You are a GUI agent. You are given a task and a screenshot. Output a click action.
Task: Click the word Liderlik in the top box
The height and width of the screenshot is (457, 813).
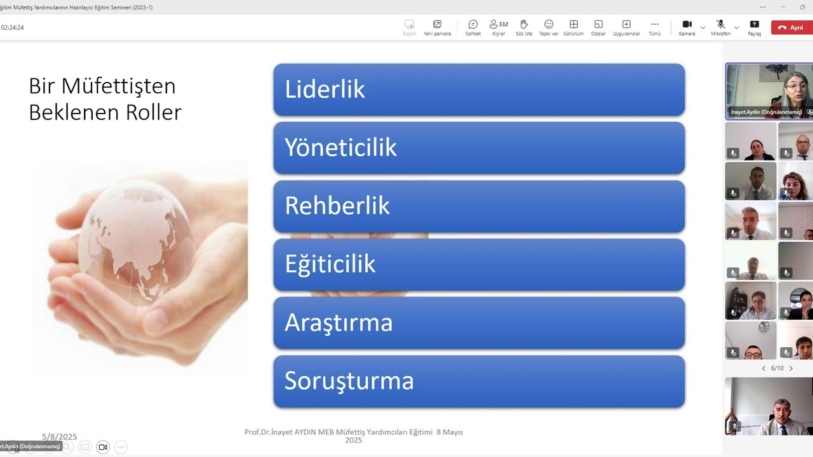(325, 89)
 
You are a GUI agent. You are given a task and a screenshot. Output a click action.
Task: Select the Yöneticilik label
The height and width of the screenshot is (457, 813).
(340, 147)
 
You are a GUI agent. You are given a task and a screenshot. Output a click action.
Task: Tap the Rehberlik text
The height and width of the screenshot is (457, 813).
(337, 206)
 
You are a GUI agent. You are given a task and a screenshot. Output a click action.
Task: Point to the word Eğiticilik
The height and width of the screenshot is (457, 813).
(330, 265)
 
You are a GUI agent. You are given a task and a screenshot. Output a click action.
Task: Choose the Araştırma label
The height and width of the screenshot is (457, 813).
(339, 323)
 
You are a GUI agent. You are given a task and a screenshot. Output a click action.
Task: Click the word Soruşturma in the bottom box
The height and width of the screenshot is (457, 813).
(349, 381)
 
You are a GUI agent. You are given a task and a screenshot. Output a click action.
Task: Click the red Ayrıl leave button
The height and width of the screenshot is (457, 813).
(791, 27)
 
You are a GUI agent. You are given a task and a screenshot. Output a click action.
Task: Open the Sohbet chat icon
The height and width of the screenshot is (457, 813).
(473, 24)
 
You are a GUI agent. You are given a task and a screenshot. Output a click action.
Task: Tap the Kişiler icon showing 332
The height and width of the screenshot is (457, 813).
(499, 24)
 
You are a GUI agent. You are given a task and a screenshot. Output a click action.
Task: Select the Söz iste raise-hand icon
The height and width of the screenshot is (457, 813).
(524, 24)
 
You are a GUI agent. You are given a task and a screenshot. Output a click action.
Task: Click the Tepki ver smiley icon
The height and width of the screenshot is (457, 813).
(549, 24)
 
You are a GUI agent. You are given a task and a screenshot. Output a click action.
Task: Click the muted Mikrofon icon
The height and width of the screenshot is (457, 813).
(721, 24)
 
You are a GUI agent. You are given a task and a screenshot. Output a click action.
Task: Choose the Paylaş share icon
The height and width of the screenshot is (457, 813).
(754, 24)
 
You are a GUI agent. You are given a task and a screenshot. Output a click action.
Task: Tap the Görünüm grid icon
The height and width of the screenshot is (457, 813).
(574, 24)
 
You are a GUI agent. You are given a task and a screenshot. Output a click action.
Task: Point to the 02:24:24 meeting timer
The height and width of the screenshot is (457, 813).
(12, 27)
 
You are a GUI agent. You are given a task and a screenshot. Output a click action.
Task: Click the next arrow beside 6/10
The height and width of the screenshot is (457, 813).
(791, 368)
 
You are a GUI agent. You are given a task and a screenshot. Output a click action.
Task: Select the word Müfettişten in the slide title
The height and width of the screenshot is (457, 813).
(118, 86)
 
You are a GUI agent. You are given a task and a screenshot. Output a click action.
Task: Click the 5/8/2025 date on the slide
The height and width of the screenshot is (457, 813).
(59, 436)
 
